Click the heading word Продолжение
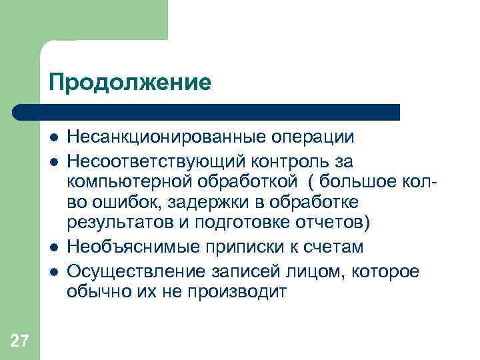coord(129,83)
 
